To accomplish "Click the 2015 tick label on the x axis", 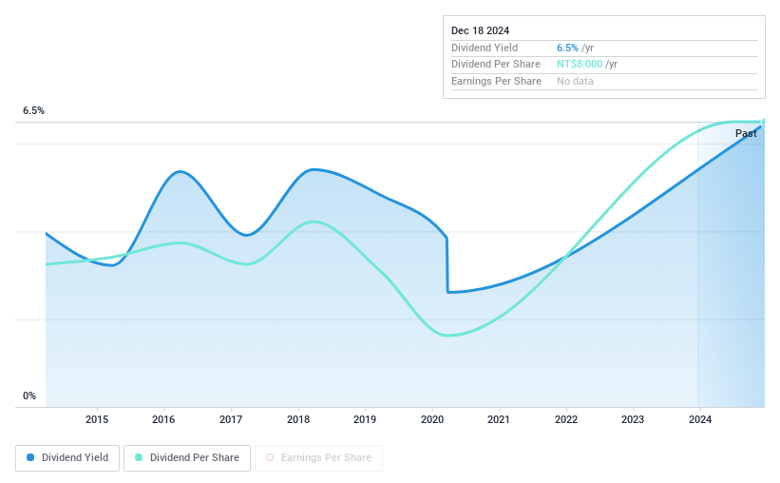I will point(96,419).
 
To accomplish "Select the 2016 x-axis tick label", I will point(163,419).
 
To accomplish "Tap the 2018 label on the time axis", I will point(298,419).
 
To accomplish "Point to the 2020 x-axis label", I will point(432,419).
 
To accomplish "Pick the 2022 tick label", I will point(566,419).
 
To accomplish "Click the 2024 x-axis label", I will point(700,419).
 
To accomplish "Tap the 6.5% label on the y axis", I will point(33,111).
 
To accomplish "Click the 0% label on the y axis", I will point(29,396).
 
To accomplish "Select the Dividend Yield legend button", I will point(67,458).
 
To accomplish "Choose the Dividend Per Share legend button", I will point(187,458).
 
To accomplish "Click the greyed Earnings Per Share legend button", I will point(318,458).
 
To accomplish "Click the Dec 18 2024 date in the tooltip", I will point(482,30).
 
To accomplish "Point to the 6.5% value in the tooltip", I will point(567,48).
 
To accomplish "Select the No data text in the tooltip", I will point(576,82).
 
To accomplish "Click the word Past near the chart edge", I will point(746,134).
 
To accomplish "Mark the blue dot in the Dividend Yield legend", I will point(30,458).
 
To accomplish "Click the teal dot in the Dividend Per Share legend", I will point(139,458).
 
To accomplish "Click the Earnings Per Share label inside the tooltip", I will point(496,82).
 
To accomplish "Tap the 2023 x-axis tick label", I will point(633,419).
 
